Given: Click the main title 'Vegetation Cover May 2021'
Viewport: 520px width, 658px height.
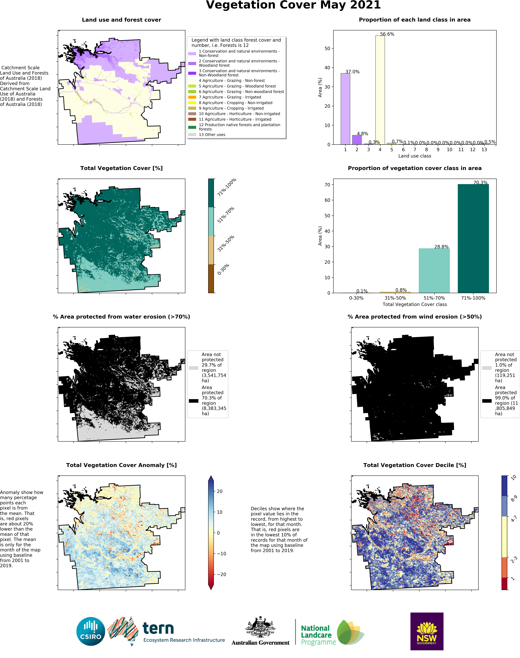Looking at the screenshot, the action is pos(293,5).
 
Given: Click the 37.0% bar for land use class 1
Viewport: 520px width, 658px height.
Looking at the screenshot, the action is pos(345,109).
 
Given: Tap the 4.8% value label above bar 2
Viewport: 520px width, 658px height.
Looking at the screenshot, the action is pos(362,134).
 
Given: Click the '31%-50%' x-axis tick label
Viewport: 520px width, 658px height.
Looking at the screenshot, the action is pos(395,298).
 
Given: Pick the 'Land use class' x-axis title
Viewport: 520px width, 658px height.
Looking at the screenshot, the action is pos(415,156).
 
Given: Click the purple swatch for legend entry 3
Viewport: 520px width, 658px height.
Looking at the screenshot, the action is pos(192,73).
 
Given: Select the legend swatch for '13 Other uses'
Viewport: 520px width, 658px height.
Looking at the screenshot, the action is pos(192,134).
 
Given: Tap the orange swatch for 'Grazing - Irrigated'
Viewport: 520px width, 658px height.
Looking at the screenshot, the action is pos(192,97).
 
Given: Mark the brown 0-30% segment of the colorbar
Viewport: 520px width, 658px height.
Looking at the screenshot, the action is pos(211,279).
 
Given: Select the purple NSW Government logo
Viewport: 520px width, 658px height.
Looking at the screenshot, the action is pos(427,631).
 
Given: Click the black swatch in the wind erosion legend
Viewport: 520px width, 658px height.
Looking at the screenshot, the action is pos(487,401).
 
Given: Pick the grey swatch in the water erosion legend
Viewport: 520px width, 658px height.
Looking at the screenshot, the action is pos(194,368).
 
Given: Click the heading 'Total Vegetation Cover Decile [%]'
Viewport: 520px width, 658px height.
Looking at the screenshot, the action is pos(415,465).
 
